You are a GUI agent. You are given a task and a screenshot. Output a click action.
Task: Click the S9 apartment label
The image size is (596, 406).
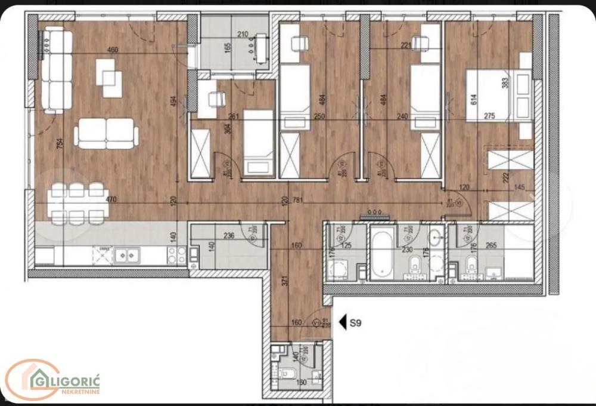click(356, 324)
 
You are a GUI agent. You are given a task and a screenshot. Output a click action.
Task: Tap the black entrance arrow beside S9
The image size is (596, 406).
click(343, 323)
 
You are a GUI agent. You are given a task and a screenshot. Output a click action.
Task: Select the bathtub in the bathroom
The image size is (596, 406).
click(382, 256)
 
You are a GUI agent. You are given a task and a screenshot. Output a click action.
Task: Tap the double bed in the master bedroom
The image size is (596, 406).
click(498, 96)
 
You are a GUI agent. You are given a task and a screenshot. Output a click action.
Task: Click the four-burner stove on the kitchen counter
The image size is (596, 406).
click(175, 256)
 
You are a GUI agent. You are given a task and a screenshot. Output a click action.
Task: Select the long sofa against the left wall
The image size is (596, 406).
click(57, 70)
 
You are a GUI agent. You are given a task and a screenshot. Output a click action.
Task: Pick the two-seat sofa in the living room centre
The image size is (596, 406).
click(106, 133)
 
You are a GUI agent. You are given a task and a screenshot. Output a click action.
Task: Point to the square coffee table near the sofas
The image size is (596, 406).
click(109, 78)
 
